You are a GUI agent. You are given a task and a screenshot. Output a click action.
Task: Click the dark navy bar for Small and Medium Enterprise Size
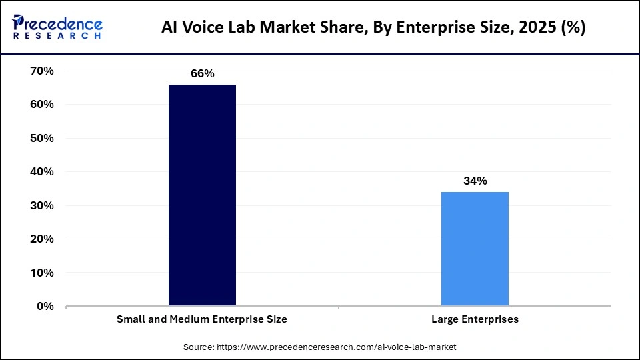202,195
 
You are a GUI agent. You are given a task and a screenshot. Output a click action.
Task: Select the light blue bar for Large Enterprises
475,249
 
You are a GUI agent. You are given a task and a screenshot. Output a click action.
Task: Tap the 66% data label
202,73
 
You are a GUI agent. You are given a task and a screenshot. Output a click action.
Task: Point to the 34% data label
475,181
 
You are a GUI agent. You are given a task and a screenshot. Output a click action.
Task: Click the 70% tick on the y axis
41,71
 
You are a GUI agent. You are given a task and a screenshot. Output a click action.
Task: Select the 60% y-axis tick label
41,105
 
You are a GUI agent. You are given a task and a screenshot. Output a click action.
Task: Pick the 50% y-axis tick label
41,138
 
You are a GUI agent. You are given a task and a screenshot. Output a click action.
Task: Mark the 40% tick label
41,172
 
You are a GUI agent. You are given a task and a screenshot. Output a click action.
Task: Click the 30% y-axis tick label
41,205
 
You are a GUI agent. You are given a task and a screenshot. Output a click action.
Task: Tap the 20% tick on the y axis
41,239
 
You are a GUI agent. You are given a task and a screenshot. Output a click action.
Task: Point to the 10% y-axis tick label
41,273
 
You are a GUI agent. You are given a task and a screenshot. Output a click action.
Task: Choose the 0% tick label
45,306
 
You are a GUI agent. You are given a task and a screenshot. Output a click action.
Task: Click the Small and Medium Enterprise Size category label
202,319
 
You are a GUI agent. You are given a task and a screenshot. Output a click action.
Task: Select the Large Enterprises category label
475,319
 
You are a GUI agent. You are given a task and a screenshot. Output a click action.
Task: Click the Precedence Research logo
57,27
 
